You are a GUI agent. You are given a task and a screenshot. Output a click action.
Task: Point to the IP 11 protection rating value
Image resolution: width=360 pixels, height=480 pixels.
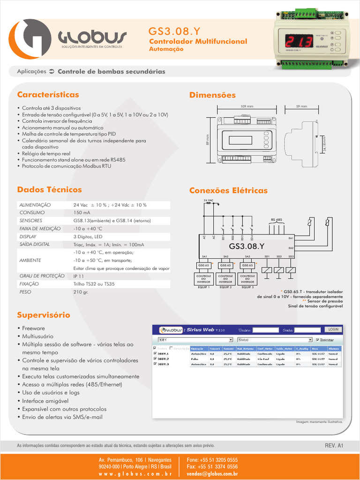[79, 276]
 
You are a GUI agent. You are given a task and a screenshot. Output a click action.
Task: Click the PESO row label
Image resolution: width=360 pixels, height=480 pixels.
[25, 292]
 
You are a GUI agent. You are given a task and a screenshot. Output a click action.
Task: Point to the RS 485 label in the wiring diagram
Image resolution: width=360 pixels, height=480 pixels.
[276, 219]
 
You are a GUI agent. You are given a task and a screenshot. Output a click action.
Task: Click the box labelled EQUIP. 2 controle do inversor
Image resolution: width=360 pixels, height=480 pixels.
[225, 279]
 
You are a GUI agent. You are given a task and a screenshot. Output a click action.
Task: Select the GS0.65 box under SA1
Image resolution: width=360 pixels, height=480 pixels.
[204, 265]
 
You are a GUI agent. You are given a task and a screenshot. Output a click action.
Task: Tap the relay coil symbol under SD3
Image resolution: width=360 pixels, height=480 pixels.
[291, 270]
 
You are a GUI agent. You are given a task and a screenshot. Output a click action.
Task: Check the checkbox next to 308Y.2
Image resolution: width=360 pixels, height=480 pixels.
[156, 359]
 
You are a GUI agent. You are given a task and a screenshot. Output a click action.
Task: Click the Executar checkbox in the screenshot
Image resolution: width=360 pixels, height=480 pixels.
[318, 339]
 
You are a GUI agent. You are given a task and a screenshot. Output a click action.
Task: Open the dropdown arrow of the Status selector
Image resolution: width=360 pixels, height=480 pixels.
[310, 339]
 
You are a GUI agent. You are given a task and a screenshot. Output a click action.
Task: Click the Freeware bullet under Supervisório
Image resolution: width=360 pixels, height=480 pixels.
[33, 329]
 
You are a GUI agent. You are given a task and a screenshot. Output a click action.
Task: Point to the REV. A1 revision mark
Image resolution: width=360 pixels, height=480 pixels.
[334, 445]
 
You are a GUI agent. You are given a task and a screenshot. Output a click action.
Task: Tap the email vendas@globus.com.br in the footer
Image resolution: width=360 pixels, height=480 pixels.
[212, 474]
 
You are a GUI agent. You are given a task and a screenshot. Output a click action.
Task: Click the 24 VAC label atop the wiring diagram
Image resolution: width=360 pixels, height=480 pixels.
[208, 201]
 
